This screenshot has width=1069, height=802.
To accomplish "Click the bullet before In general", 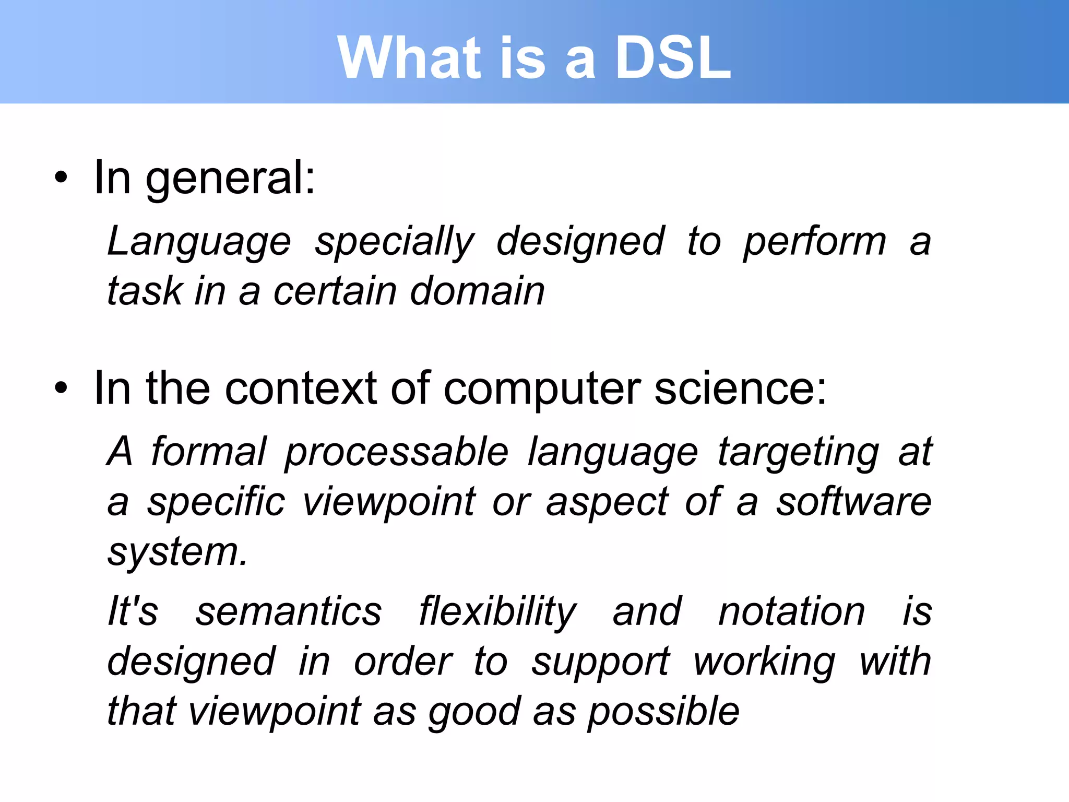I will [61, 178].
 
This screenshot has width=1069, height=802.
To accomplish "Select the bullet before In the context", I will [61, 388].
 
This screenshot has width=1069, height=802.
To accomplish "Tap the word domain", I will [477, 291].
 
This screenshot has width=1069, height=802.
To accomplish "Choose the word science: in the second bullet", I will [741, 390].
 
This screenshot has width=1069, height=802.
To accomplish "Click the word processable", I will [396, 452].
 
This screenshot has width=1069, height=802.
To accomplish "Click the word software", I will [853, 501].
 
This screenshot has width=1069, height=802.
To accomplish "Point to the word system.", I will [177, 552].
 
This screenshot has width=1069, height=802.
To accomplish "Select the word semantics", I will [289, 612].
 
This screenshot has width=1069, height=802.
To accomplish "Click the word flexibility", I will [497, 612].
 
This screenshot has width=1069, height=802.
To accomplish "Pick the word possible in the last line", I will [663, 712].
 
